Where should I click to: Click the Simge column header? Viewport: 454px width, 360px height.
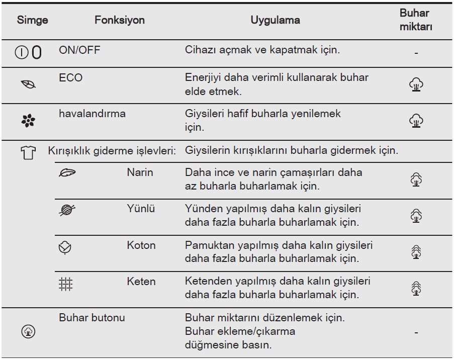click(33, 20)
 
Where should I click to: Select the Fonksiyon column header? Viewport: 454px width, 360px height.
click(120, 20)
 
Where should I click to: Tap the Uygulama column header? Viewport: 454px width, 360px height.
click(275, 20)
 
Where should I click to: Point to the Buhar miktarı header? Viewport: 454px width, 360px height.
click(416, 21)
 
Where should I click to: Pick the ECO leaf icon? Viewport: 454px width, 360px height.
click(28, 85)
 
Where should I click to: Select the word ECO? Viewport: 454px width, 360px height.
click(70, 78)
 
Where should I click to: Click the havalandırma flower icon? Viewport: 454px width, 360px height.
click(28, 121)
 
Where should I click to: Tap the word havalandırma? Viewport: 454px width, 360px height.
click(92, 114)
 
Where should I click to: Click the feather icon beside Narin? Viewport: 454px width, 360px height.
click(66, 173)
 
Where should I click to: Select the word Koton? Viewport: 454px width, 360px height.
click(141, 246)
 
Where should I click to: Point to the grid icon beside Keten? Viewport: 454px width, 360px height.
click(65, 285)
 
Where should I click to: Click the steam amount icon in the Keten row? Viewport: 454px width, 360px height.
click(416, 288)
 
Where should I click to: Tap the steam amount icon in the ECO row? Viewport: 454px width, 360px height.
click(416, 84)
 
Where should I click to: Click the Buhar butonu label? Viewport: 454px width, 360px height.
click(92, 318)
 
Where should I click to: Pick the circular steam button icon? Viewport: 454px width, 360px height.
click(29, 332)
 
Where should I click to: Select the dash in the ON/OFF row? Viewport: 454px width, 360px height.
click(416, 53)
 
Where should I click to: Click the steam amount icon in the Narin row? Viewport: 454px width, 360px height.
click(416, 179)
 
